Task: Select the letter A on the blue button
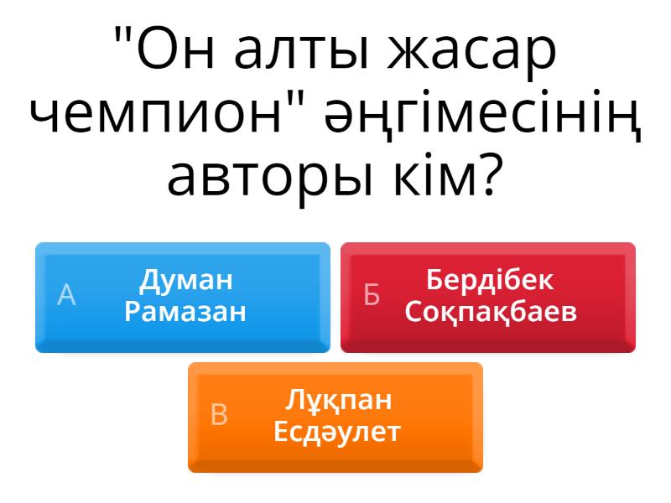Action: click(66, 295)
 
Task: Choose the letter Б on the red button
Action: click(371, 295)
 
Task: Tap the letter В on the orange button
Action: click(219, 414)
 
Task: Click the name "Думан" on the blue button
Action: click(185, 281)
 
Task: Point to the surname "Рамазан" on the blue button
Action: click(185, 312)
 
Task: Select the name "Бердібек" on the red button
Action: click(490, 280)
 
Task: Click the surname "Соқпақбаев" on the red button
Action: click(491, 312)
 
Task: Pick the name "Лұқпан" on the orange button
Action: click(338, 401)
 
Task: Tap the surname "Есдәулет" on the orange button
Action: click(337, 431)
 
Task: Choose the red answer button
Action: click(488, 298)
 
